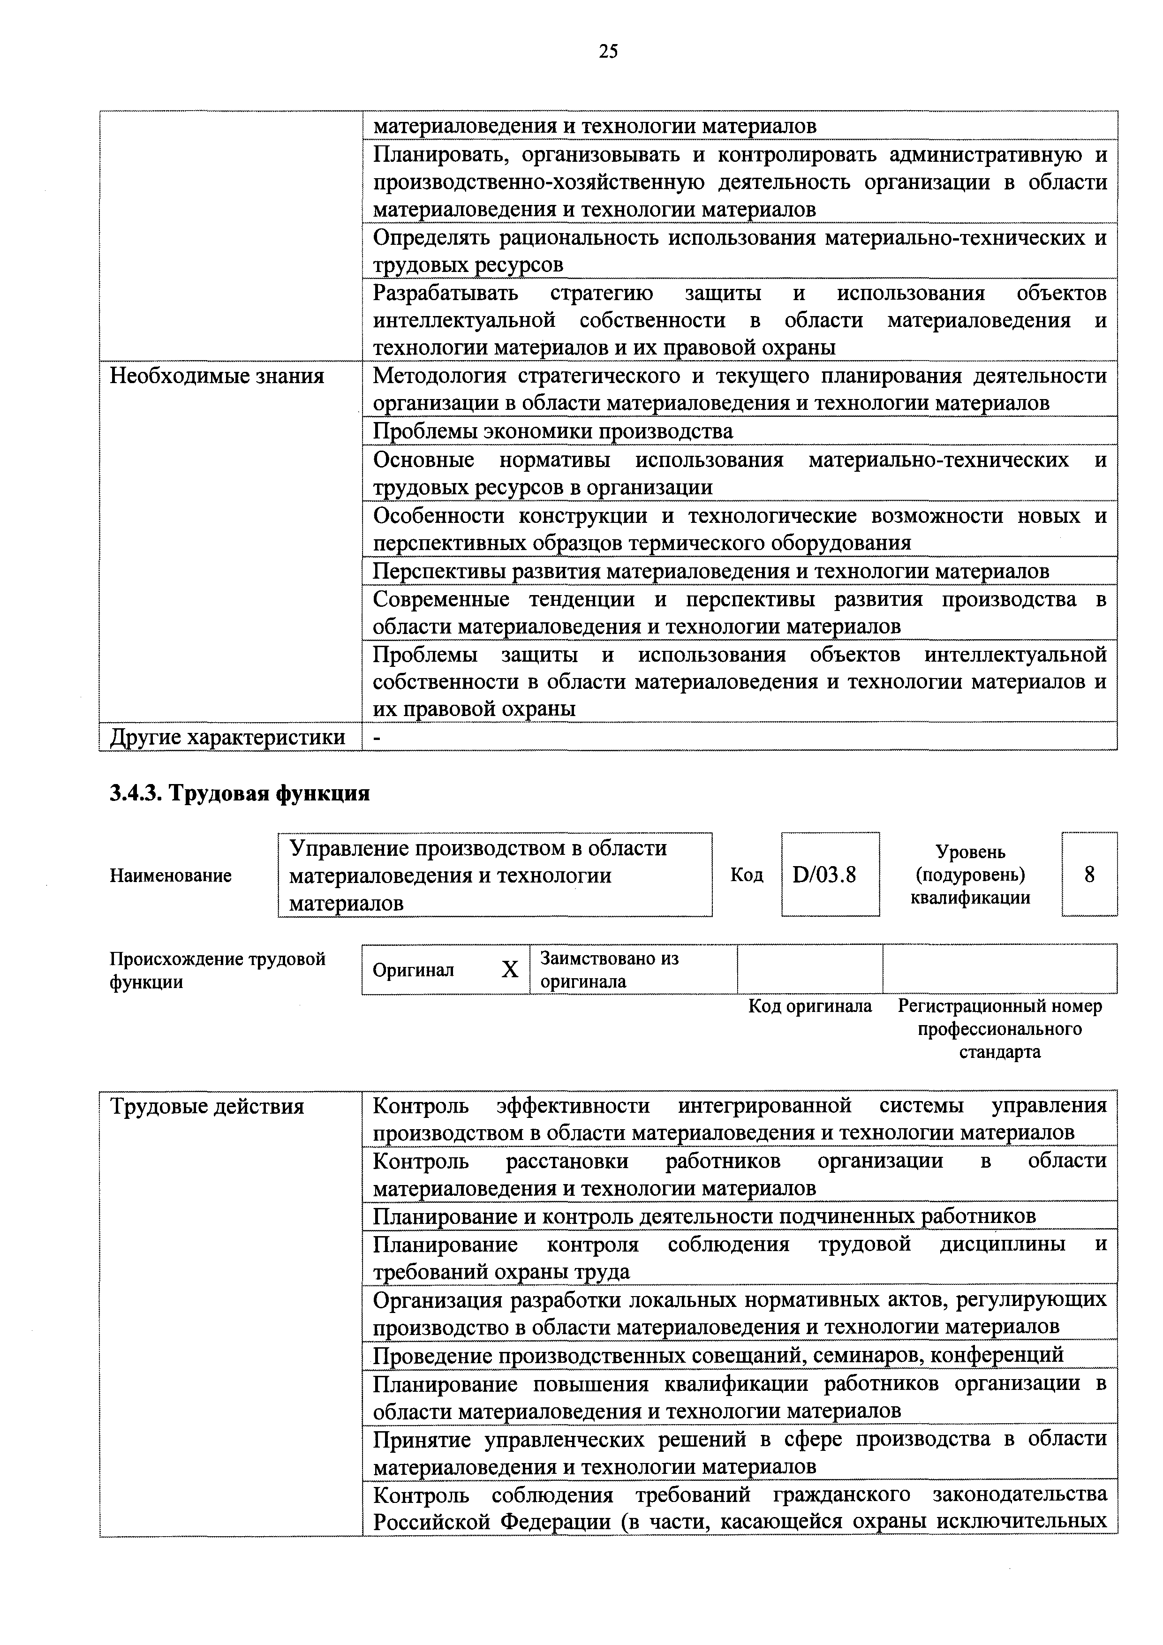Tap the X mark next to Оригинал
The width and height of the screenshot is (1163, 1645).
pos(509,969)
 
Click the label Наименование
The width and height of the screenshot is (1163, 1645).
pos(171,875)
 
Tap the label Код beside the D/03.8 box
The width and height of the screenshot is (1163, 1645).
pos(747,875)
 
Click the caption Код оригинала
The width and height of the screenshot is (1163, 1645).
pos(810,1006)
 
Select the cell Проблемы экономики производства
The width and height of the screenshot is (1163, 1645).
pos(553,431)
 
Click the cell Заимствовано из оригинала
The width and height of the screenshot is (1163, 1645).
pos(609,969)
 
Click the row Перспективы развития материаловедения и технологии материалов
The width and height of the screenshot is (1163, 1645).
pos(711,571)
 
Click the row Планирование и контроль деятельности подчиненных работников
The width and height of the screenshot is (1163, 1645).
pos(704,1216)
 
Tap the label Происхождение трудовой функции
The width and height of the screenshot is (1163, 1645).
pos(217,969)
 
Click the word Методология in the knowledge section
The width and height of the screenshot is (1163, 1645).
pos(439,376)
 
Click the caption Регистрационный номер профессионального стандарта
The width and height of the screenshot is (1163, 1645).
pos(1000,1029)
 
